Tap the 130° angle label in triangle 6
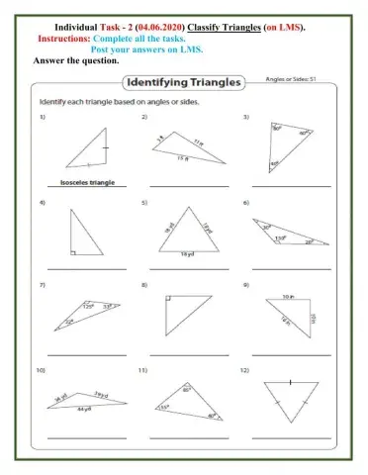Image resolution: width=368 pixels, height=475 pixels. [280, 238]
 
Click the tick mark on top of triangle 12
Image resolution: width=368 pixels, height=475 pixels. [290, 381]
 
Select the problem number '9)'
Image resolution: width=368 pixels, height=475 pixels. [245, 285]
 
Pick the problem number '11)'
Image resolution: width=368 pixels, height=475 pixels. [143, 369]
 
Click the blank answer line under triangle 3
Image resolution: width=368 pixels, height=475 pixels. [290, 186]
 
